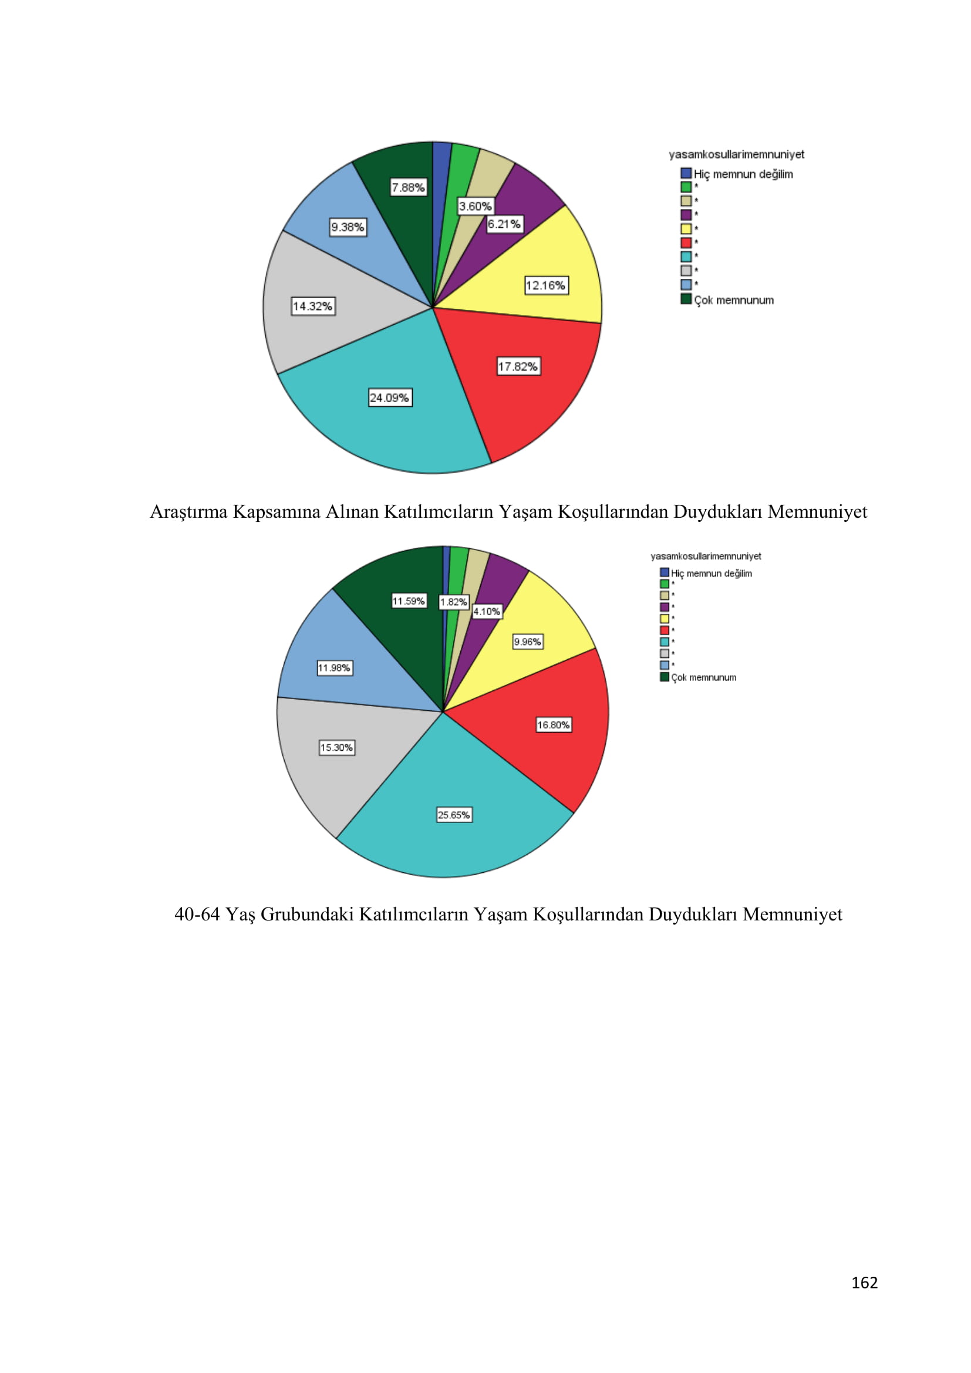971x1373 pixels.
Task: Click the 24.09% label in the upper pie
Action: (390, 397)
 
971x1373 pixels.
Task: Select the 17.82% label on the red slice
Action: (518, 366)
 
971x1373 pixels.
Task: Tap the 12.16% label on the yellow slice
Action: (546, 285)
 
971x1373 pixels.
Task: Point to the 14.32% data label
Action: (313, 306)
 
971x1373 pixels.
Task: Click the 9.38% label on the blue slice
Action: (348, 227)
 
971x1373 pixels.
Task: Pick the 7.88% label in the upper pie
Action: (409, 188)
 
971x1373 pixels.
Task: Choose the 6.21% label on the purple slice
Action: (504, 224)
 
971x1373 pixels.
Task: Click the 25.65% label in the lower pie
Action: (454, 815)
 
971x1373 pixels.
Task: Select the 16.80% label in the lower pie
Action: (553, 725)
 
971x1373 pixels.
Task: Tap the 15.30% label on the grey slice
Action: (336, 747)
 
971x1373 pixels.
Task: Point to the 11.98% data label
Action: (334, 668)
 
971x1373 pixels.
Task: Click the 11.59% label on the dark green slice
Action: (409, 601)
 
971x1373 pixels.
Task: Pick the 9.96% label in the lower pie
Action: (527, 642)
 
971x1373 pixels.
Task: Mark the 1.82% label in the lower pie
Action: (454, 602)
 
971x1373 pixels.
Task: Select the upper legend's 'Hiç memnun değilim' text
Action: (743, 174)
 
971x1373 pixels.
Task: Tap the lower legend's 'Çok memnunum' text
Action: (704, 677)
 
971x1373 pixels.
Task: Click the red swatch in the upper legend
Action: (686, 243)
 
